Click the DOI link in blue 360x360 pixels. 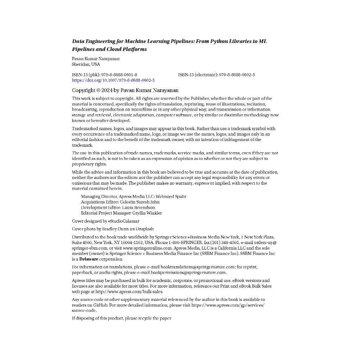click(x=113, y=81)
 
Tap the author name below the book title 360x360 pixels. click(x=96, y=59)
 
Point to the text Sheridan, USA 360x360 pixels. click(x=86, y=64)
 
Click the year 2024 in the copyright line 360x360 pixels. click(x=107, y=90)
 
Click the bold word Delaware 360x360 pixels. click(x=89, y=259)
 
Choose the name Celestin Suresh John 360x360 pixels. click(x=140, y=202)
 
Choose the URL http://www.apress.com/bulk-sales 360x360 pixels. click(x=129, y=291)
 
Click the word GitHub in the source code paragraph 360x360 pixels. click(x=100, y=305)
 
